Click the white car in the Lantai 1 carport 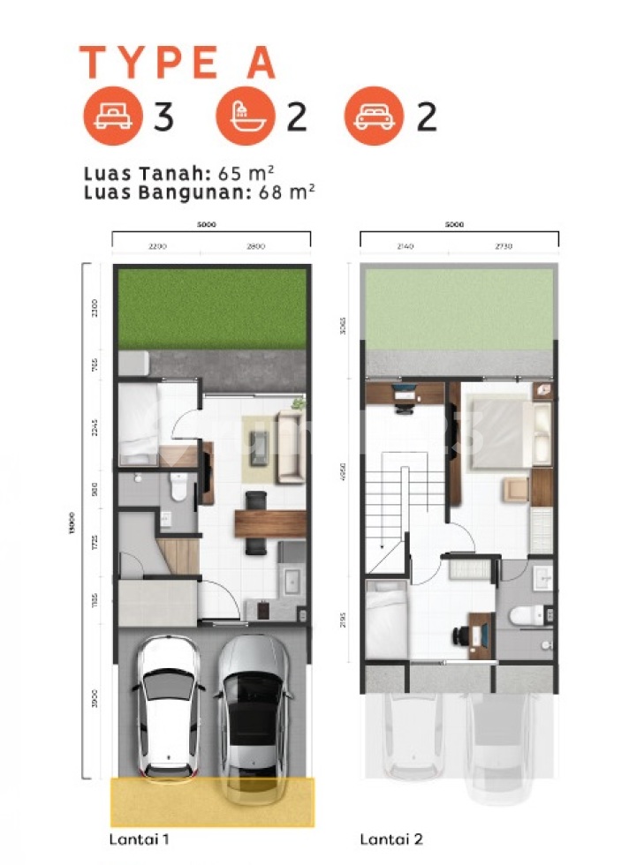pyautogui.click(x=169, y=702)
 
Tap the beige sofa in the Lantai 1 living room pyautogui.click(x=290, y=447)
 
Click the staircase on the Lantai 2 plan pyautogui.click(x=391, y=508)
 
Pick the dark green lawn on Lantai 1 pyautogui.click(x=212, y=308)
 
